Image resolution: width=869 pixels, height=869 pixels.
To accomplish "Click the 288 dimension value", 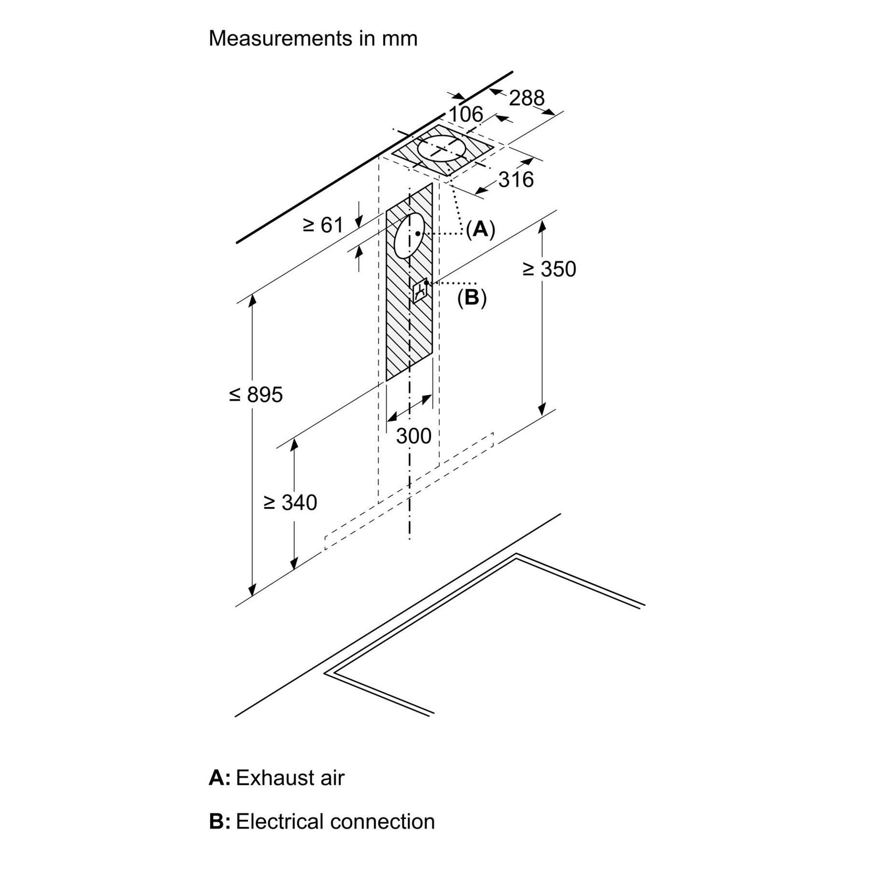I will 527,98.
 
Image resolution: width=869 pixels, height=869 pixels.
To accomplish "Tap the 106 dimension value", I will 465,114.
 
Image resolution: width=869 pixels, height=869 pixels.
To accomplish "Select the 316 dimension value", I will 516,180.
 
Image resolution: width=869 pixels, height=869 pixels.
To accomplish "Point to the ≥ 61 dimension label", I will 322,225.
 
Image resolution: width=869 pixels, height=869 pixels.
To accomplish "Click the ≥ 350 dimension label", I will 549,269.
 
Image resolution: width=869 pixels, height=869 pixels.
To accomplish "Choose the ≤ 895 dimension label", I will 256,394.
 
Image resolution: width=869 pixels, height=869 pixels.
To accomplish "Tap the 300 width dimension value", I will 414,436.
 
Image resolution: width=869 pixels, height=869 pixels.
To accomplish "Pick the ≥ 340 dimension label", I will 290,503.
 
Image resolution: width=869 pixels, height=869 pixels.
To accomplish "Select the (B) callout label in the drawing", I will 472,298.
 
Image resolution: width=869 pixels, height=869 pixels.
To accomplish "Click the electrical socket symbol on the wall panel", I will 420,291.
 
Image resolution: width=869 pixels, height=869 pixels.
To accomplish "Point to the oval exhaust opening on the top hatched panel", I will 442,149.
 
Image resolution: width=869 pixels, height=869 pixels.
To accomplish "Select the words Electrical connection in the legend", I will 335,821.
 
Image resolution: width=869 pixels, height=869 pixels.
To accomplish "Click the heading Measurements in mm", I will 313,38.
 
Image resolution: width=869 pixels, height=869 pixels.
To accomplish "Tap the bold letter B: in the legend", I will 220,821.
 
